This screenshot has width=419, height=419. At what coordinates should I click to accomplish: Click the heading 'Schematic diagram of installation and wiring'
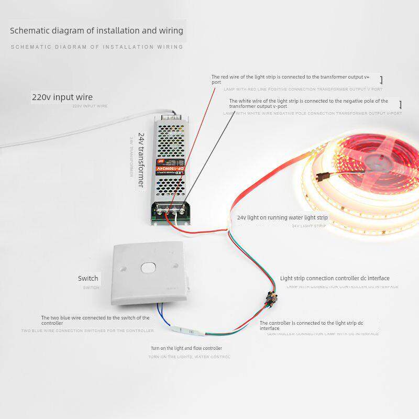97,30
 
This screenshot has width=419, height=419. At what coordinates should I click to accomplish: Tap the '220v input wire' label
62,97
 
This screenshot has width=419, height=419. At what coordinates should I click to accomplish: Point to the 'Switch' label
88,278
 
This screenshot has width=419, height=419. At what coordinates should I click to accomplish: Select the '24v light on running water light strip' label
282,217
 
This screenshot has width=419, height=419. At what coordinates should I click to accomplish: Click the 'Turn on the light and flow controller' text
186,348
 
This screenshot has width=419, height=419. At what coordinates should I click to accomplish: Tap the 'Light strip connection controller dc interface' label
335,278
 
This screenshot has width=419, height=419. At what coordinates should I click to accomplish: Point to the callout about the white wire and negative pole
309,103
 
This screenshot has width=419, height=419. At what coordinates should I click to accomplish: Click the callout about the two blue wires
95,320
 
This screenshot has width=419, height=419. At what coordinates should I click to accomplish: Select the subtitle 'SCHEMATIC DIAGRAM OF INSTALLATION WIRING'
97,47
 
